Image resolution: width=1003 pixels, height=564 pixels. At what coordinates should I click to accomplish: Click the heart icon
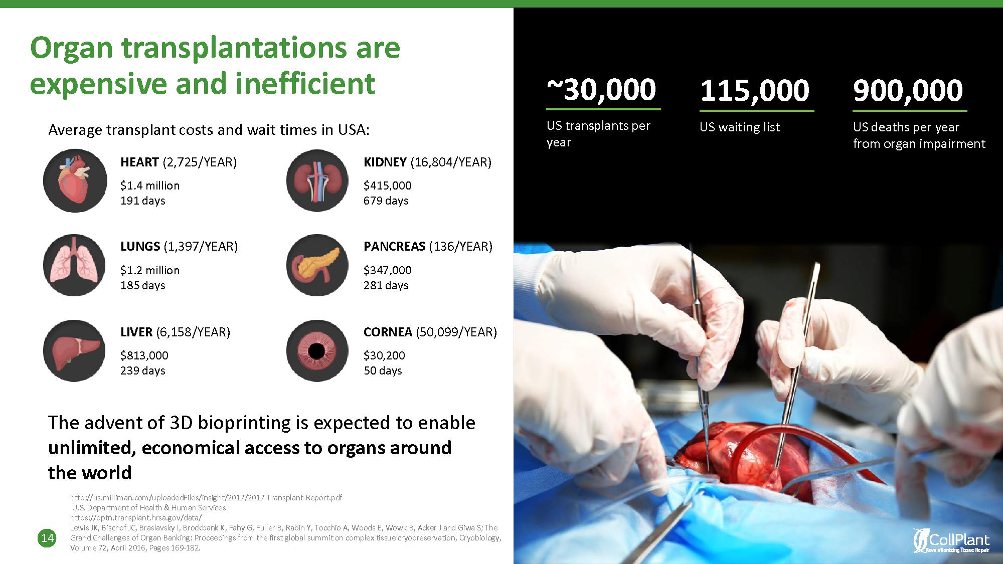point(75,180)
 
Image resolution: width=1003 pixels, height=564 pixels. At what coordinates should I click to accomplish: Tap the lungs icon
point(75,265)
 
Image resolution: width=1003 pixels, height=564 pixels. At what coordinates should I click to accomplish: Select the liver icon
point(75,351)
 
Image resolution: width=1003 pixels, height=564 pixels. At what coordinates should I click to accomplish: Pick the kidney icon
point(317,180)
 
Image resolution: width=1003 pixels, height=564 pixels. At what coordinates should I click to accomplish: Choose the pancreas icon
point(317,265)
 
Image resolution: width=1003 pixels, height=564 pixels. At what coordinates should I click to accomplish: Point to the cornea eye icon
point(317,351)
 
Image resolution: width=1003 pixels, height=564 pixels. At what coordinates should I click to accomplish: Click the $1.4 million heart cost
point(150,185)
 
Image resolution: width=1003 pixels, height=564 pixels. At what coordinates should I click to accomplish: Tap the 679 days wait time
point(386,201)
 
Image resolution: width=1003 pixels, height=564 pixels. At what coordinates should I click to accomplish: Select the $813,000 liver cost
point(144,355)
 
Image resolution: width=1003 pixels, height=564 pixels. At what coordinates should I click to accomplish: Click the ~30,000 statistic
point(601,90)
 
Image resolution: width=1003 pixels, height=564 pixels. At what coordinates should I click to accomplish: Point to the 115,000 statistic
point(755,90)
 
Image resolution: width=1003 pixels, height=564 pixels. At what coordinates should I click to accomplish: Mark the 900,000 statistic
point(908,90)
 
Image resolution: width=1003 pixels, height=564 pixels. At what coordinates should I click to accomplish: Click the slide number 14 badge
point(47,538)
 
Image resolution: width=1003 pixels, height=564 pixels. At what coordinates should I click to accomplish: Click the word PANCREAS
point(395,247)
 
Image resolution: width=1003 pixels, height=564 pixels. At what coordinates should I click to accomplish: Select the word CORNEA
point(388,332)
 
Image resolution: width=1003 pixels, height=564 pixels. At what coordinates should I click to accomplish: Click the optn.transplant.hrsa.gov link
point(136,517)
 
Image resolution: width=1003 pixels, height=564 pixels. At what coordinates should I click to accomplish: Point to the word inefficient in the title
point(305,83)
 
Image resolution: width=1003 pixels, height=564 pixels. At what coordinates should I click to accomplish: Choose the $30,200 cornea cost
point(384,355)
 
